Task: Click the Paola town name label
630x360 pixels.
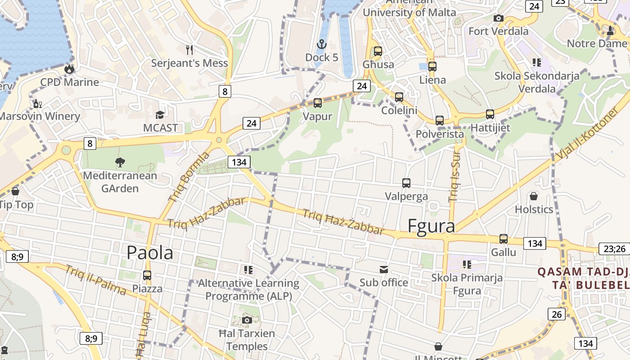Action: [150, 253]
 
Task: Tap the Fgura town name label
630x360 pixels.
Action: [431, 226]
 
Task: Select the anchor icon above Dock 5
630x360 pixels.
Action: [321, 44]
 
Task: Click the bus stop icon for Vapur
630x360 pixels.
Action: [318, 103]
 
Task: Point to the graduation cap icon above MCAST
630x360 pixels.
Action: [160, 115]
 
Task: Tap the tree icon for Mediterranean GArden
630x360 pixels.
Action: [120, 162]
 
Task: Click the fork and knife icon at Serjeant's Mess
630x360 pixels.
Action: [189, 49]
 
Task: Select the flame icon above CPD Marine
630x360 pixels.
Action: [69, 69]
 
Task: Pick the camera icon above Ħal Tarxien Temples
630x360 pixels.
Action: [247, 320]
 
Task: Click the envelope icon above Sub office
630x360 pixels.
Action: [384, 270]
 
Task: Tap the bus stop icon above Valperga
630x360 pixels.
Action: [406, 183]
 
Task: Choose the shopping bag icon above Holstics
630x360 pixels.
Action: [534, 196]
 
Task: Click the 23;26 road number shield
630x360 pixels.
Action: [614, 249]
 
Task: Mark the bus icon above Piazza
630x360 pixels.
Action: [147, 275]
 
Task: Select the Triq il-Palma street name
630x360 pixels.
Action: [95, 280]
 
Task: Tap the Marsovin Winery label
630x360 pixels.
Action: [40, 116]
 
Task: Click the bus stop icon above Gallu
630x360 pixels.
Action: [504, 239]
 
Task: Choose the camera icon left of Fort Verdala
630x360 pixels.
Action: [498, 18]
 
